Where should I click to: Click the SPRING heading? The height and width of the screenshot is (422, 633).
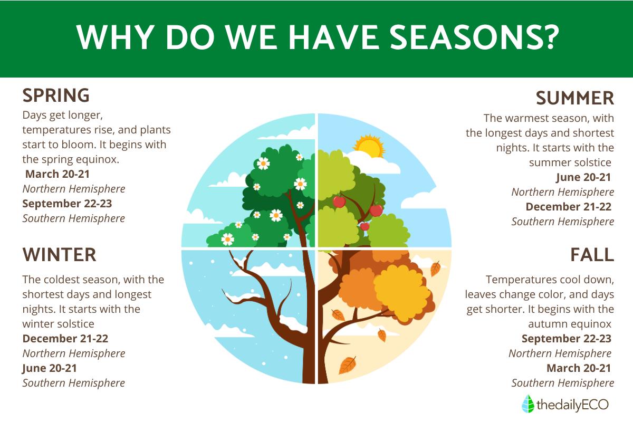pyautogui.click(x=56, y=95)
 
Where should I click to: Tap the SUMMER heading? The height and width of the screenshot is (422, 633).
pyautogui.click(x=575, y=98)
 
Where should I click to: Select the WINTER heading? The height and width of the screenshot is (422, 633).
pyautogui.click(x=59, y=255)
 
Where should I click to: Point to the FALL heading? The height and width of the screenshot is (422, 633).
pyautogui.click(x=592, y=255)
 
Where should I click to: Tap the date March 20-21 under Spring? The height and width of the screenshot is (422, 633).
pyautogui.click(x=57, y=174)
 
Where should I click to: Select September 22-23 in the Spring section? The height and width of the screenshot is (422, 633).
pyautogui.click(x=67, y=204)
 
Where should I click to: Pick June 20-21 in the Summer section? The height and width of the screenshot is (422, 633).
pyautogui.click(x=583, y=177)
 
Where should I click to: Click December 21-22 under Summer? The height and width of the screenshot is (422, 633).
pyautogui.click(x=568, y=207)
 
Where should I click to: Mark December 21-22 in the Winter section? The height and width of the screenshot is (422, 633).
pyautogui.click(x=65, y=339)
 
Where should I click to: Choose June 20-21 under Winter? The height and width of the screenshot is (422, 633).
pyautogui.click(x=50, y=368)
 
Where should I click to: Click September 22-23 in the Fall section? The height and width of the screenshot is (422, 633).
pyautogui.click(x=567, y=339)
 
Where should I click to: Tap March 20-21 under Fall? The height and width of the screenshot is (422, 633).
pyautogui.click(x=579, y=368)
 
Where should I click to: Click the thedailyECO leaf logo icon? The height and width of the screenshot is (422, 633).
pyautogui.click(x=527, y=404)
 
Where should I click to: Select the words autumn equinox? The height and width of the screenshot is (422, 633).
pyautogui.click(x=570, y=324)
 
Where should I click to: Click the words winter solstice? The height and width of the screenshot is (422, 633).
pyautogui.click(x=58, y=324)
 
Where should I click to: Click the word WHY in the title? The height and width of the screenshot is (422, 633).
pyautogui.click(x=115, y=37)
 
